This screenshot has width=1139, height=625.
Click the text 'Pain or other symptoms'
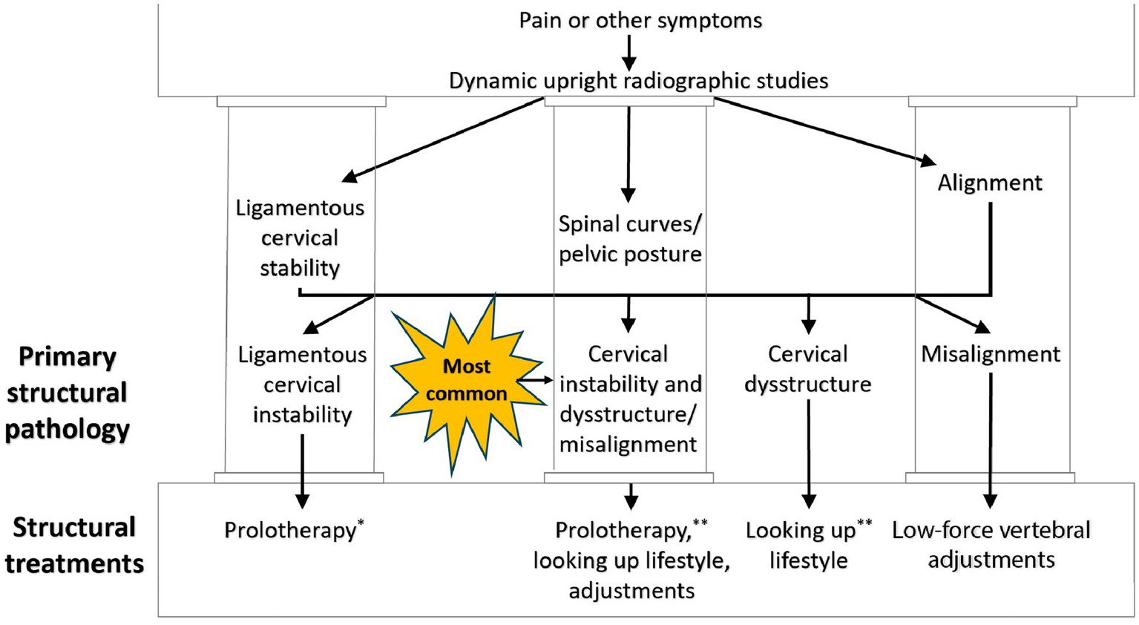(x=640, y=20)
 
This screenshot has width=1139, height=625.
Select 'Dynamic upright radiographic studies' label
(x=638, y=80)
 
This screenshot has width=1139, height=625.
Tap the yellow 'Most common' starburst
(x=466, y=380)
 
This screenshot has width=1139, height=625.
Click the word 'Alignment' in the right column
(x=990, y=183)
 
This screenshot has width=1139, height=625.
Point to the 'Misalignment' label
(x=991, y=354)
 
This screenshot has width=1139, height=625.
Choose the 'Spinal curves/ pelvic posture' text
(x=630, y=239)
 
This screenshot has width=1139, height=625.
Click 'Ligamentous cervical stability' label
(x=300, y=238)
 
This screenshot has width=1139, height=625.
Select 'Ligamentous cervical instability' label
(x=302, y=385)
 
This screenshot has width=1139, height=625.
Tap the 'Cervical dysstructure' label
(x=807, y=369)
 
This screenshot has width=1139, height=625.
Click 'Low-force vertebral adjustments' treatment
(x=991, y=545)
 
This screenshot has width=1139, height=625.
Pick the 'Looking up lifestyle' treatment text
(x=807, y=545)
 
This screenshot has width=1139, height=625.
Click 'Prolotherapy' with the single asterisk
(x=291, y=530)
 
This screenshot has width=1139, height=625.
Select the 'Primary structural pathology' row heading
(x=67, y=393)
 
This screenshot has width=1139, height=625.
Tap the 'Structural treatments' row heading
(x=74, y=546)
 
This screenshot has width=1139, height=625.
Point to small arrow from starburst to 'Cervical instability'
(x=535, y=380)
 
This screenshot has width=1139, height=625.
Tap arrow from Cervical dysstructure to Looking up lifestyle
(x=808, y=453)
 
